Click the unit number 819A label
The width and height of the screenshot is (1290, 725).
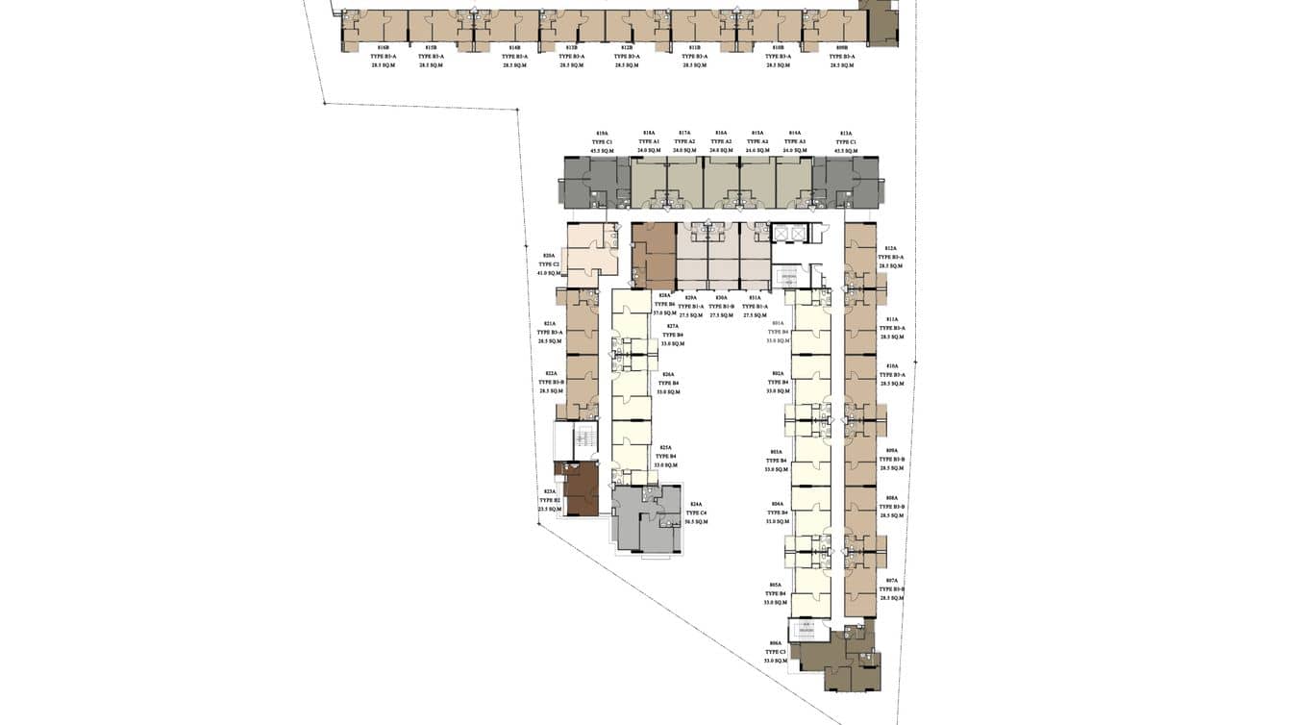603,134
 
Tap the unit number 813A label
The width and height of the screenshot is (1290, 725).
846,134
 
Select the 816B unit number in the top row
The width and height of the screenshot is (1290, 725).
384,47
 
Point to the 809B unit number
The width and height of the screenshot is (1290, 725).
842,47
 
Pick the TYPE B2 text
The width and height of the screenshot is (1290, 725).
550,500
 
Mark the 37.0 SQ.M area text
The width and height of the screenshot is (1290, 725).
664,312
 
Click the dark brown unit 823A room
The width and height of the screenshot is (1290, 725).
580,489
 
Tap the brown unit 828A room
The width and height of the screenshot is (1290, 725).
653,254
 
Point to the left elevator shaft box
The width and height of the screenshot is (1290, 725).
781,234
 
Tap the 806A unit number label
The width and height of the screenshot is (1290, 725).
776,643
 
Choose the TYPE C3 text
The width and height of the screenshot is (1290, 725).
776,652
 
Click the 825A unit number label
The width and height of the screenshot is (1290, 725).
665,447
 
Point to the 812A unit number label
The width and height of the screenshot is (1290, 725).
890,248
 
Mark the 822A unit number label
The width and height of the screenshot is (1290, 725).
551,373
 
